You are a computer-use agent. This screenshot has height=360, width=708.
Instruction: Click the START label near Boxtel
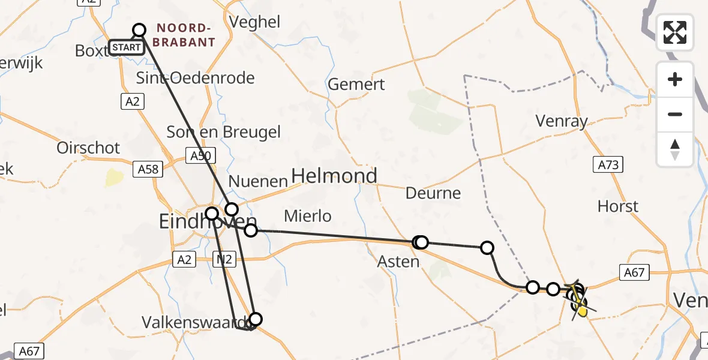coord(127,47)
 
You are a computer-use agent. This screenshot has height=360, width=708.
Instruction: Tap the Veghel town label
coord(254,22)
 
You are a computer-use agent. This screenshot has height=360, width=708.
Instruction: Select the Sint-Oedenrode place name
coord(196,78)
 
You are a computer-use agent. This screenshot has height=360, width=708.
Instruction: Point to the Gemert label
coord(356,85)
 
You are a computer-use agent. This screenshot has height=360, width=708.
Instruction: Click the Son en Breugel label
coord(224,132)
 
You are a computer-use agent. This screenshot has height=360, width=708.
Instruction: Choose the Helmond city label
coord(334,176)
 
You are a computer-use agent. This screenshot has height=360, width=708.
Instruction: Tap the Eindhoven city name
coord(199,223)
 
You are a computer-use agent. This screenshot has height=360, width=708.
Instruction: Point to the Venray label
coord(562,122)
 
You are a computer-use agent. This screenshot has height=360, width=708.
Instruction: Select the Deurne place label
coord(433,193)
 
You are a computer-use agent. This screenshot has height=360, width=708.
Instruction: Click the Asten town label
coord(398,262)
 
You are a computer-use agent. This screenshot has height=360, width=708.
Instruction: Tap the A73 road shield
coord(608,164)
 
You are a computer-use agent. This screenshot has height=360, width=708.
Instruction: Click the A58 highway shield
coord(148,169)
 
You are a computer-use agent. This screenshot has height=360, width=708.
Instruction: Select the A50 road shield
coord(200,156)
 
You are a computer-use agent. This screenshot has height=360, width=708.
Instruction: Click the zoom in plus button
coord(675,79)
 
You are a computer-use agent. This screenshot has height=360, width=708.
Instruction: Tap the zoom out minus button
coord(675,114)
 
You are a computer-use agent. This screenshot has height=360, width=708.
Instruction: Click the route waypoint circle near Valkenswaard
coord(256,319)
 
